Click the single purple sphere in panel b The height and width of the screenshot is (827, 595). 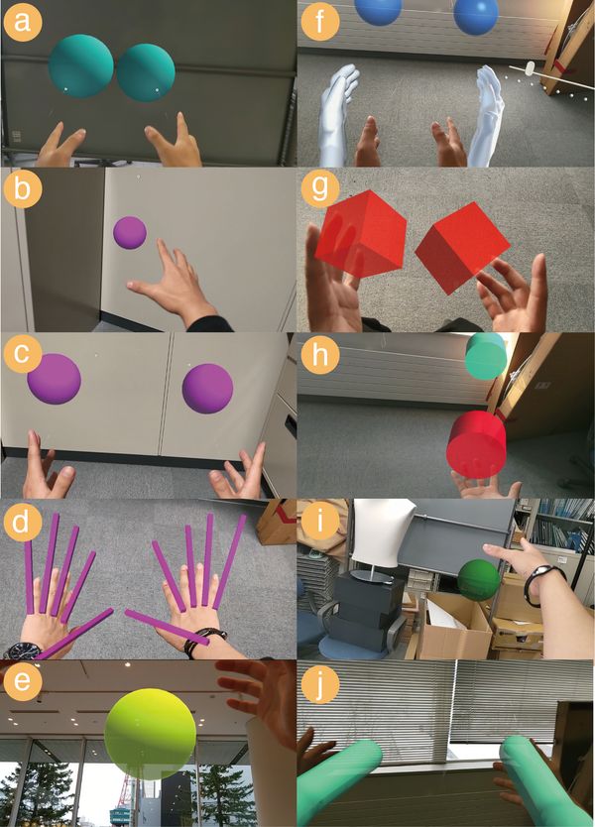click(x=130, y=233)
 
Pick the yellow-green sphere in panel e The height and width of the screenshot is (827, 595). click(x=149, y=732)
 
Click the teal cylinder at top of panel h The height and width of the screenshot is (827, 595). click(x=486, y=356)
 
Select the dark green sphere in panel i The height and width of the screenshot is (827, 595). click(x=478, y=580)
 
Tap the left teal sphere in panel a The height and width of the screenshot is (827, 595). click(x=81, y=66)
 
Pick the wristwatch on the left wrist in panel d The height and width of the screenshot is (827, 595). click(x=21, y=650)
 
